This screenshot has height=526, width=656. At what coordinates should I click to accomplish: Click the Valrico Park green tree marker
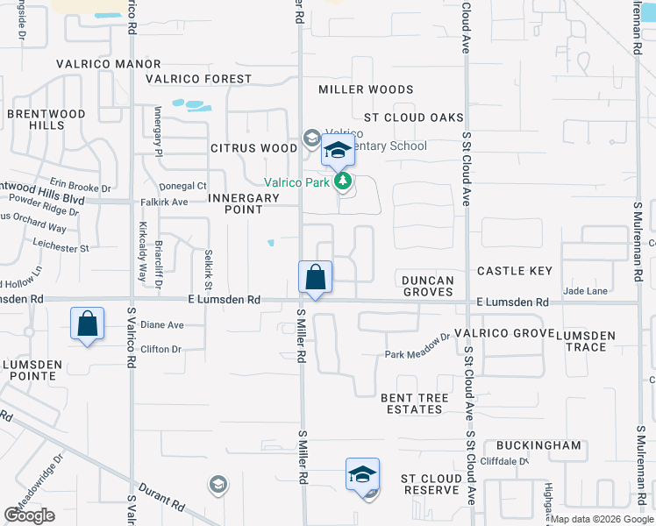(x=343, y=182)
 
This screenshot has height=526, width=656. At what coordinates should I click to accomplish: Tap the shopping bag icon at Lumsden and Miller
(x=316, y=278)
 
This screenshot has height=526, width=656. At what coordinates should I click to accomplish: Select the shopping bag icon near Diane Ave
(x=88, y=323)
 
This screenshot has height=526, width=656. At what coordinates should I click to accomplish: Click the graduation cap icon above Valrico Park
(x=338, y=151)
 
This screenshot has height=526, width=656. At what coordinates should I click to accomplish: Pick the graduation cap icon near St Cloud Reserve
(x=362, y=475)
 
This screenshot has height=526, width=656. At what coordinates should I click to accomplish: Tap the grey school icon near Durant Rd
(x=217, y=484)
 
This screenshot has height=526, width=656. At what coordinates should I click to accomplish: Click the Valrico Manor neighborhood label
(x=109, y=64)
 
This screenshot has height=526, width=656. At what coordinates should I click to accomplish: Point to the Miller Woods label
(x=366, y=89)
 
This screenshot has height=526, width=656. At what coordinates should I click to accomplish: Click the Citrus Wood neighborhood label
(x=254, y=148)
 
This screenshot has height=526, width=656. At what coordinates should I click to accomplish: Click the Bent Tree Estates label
(x=415, y=403)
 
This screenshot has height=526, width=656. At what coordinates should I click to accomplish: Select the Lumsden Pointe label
(x=32, y=369)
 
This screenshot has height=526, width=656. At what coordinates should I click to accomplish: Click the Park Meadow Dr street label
(x=417, y=354)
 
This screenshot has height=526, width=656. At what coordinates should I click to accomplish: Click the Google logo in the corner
(x=29, y=515)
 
